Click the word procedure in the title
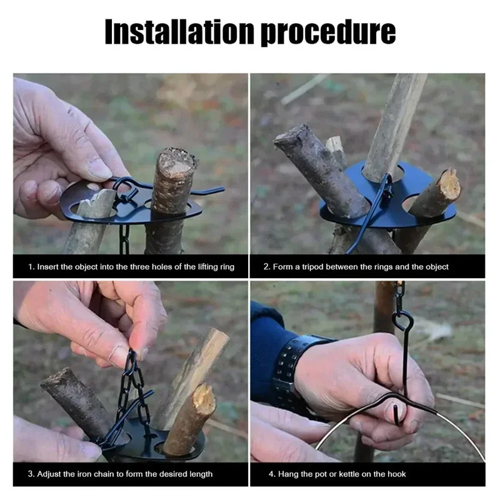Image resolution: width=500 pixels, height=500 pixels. tap(328, 33)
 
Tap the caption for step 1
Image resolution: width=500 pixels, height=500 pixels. tap(131, 267)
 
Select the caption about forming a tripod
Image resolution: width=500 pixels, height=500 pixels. tap(356, 267)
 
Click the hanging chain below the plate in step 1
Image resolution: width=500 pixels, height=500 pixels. tap(124, 241)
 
